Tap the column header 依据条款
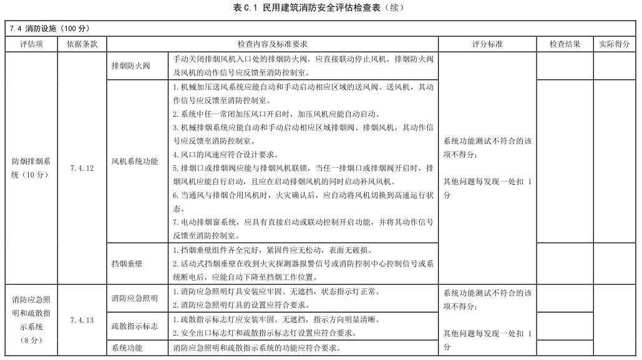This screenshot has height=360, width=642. (82, 44)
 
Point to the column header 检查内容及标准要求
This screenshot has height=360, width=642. (272, 44)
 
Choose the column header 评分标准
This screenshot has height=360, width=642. (487, 44)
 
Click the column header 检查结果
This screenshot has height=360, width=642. (565, 44)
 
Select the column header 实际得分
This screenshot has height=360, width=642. (614, 44)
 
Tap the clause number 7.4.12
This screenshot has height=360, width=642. (82, 168)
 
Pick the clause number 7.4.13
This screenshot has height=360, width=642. (82, 320)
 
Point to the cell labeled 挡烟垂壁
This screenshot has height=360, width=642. (127, 263)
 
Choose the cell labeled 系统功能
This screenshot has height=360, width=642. (127, 348)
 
